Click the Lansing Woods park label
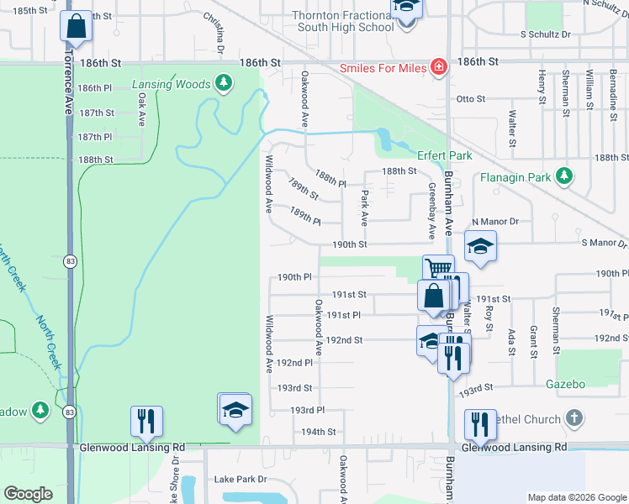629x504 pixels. point(172,84)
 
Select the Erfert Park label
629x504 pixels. point(445,155)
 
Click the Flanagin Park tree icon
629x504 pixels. point(565,177)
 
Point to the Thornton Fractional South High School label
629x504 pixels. point(342,21)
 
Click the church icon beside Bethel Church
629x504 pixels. point(573,417)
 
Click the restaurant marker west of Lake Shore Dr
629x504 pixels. point(145,420)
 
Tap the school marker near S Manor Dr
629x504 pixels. point(480,246)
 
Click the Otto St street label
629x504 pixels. point(471,99)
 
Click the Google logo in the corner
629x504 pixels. point(28,494)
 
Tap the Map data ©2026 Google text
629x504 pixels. point(577,497)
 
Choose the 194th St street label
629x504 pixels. point(320,432)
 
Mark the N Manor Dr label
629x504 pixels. point(495,222)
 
